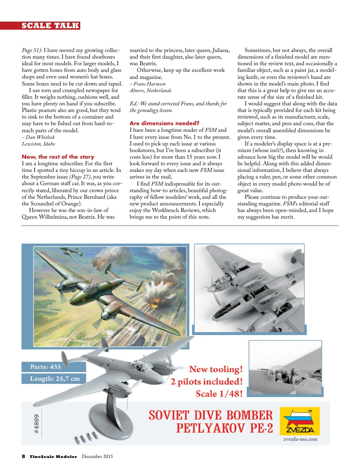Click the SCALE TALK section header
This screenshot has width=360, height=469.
[x=50, y=26]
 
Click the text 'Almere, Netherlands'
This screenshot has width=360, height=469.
[x=150, y=90]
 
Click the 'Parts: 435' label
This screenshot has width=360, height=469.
[x=46, y=366]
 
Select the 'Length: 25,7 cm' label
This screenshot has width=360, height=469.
[x=55, y=379]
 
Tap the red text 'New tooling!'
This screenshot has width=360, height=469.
[x=215, y=368]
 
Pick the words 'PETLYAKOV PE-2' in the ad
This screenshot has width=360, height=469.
[x=226, y=428]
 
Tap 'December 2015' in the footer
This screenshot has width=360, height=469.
[x=97, y=456]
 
